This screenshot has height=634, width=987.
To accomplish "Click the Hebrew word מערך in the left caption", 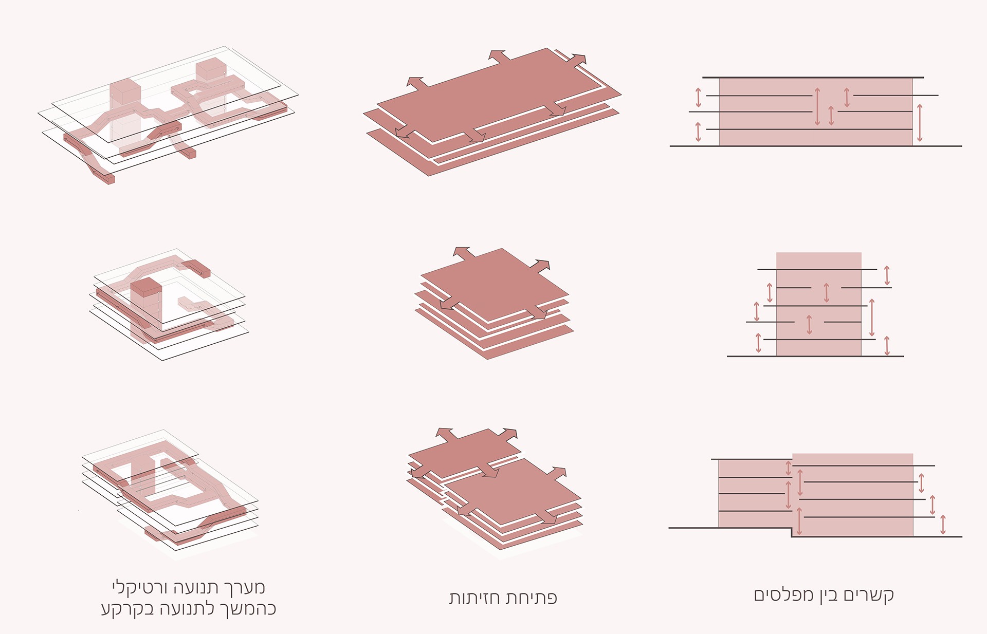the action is coord(244,587).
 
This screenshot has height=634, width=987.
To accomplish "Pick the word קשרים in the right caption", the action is coord(869,595).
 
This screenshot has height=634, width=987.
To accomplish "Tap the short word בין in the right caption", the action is coord(828,595).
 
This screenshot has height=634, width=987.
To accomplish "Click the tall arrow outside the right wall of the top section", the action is coord(920,123).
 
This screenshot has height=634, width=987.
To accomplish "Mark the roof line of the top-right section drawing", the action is coord(813,78).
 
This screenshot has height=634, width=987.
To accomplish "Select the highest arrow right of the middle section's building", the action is coord(887,275).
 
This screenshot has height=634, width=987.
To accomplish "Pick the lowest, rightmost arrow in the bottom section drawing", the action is coord(943,525).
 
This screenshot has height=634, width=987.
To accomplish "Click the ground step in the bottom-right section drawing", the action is coord(791,532).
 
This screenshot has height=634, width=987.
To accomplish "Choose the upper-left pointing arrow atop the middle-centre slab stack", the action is coord(463,253).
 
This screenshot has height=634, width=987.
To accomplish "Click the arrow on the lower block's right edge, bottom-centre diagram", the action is coord(556,474).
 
